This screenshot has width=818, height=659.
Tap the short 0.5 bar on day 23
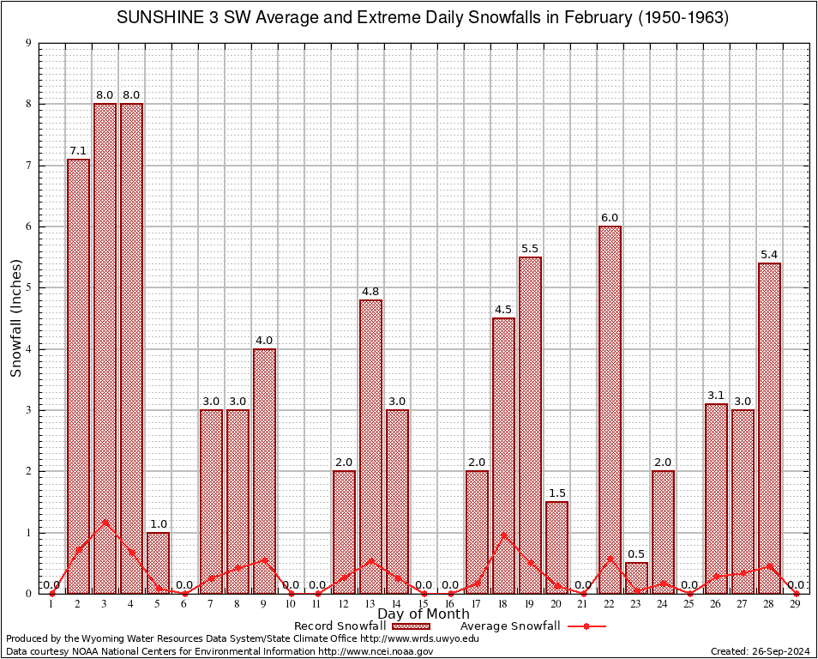click(636, 577)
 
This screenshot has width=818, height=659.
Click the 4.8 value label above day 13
click(370, 292)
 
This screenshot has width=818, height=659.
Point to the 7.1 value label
click(78, 151)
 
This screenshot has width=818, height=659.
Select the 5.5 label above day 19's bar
click(530, 249)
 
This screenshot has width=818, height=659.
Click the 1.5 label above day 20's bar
click(556, 493)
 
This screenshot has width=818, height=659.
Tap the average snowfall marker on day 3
click(105, 522)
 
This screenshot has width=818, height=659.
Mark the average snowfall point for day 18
click(503, 535)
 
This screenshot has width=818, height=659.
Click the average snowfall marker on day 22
click(610, 559)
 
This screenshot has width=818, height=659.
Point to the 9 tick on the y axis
click(29, 43)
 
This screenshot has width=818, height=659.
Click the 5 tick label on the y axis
click(29, 287)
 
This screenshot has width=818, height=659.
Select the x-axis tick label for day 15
click(424, 605)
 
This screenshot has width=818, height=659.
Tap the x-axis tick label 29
click(796, 605)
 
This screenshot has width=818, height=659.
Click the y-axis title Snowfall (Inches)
click(15, 318)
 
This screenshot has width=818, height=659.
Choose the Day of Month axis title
click(423, 614)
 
